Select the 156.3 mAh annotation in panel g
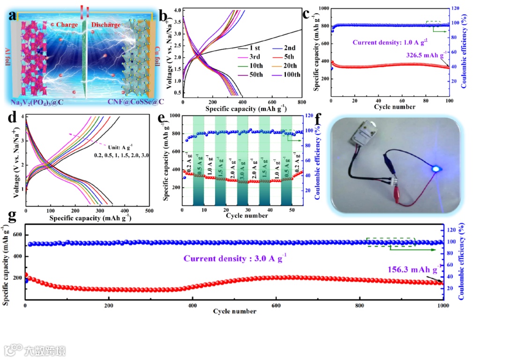(413, 270)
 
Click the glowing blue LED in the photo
(435, 168)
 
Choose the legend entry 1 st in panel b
(255, 48)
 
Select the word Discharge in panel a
(105, 24)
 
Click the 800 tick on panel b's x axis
(301, 102)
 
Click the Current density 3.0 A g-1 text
(235, 258)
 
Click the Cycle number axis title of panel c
(394, 107)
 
